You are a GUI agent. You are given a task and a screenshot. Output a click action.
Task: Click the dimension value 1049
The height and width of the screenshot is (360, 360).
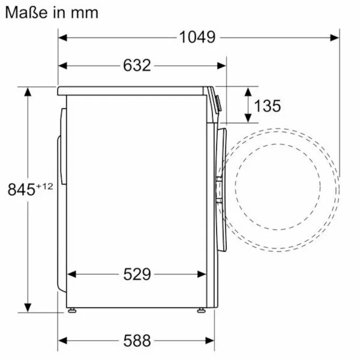click(x=197, y=37)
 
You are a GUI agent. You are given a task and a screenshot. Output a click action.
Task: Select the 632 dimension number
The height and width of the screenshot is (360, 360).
click(x=137, y=65)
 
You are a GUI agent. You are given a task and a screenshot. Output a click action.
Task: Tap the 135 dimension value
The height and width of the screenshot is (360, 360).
click(x=267, y=106)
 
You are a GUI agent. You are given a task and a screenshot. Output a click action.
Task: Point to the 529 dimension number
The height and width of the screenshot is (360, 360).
click(x=137, y=274)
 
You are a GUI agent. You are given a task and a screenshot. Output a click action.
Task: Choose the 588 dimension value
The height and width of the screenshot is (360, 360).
click(x=137, y=341)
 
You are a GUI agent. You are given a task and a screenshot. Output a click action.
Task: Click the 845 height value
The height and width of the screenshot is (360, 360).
click(x=22, y=189)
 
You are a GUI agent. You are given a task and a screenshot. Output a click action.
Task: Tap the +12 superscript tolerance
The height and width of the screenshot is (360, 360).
click(x=44, y=186)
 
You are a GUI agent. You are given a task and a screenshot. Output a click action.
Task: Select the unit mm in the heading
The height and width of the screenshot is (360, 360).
click(x=85, y=13)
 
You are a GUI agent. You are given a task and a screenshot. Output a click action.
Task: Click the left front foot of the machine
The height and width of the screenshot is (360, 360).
click(x=72, y=311)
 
